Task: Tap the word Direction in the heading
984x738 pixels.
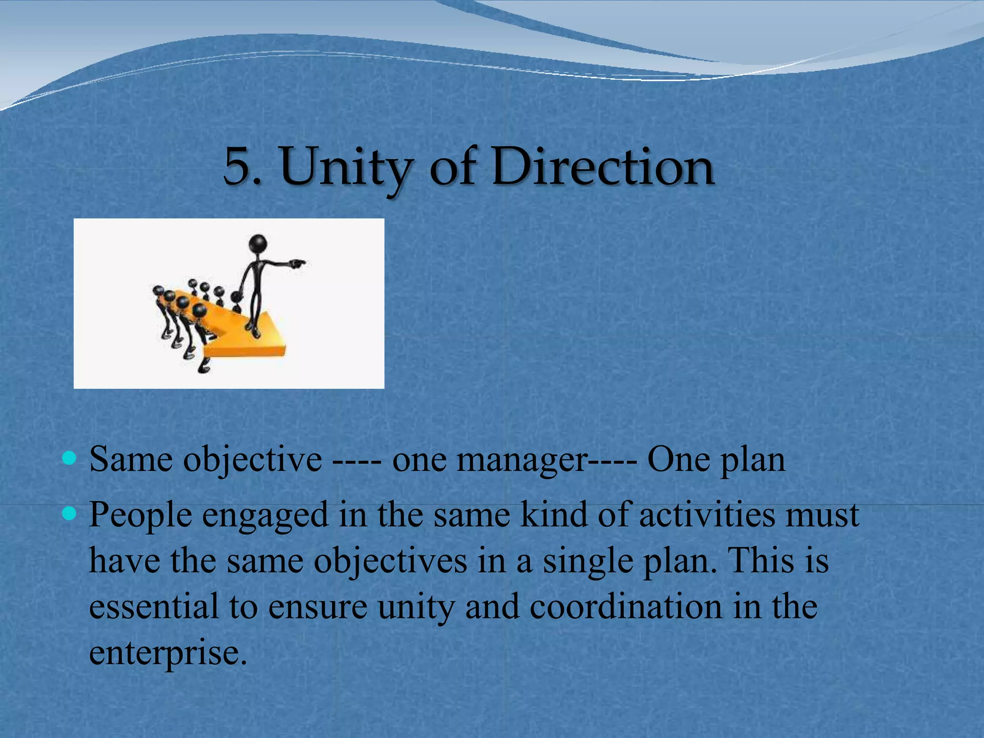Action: [x=603, y=166]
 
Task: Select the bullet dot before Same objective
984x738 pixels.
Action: [x=70, y=458]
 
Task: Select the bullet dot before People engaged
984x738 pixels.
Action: [x=70, y=515]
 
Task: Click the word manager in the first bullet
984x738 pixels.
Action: [x=521, y=460]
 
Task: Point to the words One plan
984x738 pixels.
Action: [x=716, y=460]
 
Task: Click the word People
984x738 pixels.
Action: [x=140, y=516]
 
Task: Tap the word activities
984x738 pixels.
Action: [x=706, y=515]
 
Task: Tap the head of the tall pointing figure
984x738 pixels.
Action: [x=258, y=243]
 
